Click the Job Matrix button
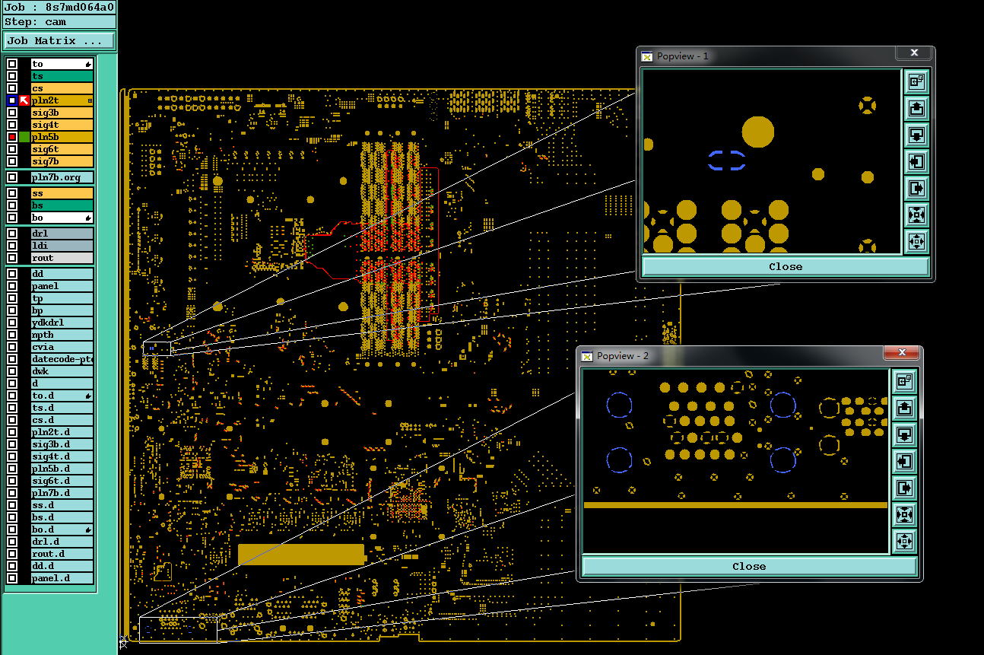point(59,41)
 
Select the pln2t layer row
point(62,100)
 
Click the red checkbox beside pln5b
point(12,137)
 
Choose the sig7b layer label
point(62,161)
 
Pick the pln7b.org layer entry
point(62,177)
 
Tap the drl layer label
point(62,234)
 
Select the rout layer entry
point(62,258)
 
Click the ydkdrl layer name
point(62,323)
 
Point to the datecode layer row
point(62,359)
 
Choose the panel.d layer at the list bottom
point(62,578)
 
